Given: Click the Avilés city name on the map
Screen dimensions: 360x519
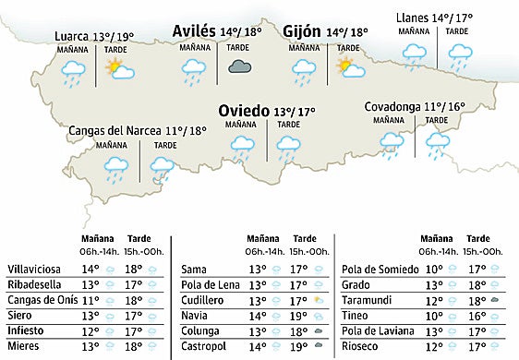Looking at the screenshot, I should [194, 31].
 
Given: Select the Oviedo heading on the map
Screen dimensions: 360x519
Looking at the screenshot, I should [244, 111].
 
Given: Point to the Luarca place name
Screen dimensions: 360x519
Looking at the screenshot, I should [72, 37].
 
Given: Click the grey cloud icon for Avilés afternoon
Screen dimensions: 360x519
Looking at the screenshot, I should [241, 66].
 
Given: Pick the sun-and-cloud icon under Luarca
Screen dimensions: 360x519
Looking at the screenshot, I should [118, 67].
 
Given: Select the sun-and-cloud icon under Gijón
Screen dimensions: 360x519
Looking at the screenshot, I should [349, 66].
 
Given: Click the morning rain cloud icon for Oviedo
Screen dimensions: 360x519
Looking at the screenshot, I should [242, 144].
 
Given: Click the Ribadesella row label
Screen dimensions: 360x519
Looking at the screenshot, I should [34, 285].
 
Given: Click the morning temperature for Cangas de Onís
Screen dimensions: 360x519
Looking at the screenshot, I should [91, 300].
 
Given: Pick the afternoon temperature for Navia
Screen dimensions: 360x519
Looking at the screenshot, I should [298, 315].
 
